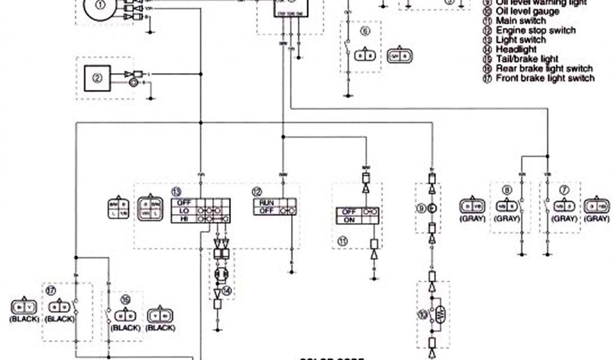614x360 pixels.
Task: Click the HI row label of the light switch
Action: click(182, 220)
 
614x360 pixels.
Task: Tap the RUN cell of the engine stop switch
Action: click(267, 203)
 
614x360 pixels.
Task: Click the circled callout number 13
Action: click(176, 191)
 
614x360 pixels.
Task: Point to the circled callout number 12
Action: click(257, 191)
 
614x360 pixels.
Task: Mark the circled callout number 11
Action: click(342, 241)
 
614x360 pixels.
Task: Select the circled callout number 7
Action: click(561, 190)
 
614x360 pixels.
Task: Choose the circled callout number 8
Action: click(508, 190)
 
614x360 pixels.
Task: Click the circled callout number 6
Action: click(364, 30)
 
